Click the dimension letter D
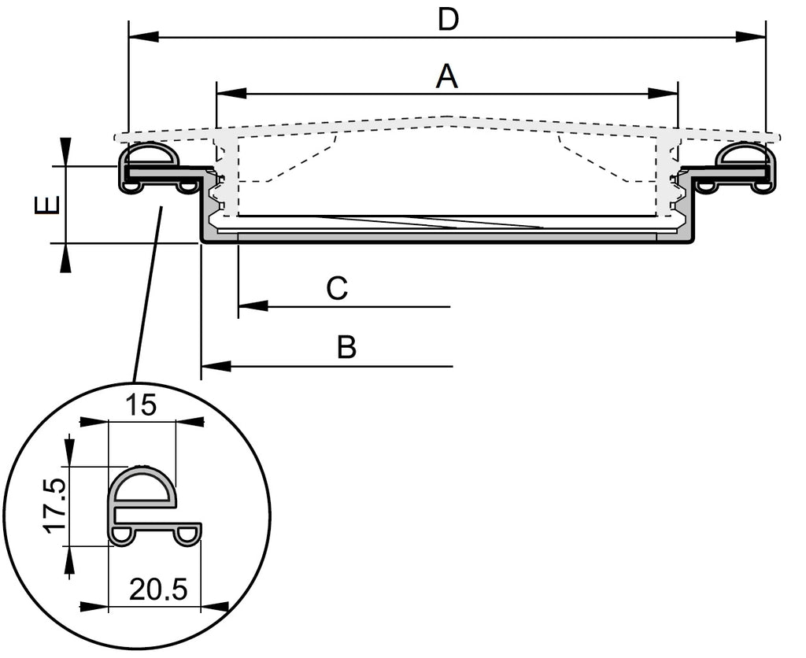click(448, 20)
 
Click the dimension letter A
click(446, 77)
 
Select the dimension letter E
click(46, 205)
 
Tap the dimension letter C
click(337, 289)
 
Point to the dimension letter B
click(346, 347)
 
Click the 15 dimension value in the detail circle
click(142, 405)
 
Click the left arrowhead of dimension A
click(231, 94)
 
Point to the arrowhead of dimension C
click(253, 305)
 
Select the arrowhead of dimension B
click(216, 366)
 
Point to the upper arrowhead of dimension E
click(65, 150)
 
